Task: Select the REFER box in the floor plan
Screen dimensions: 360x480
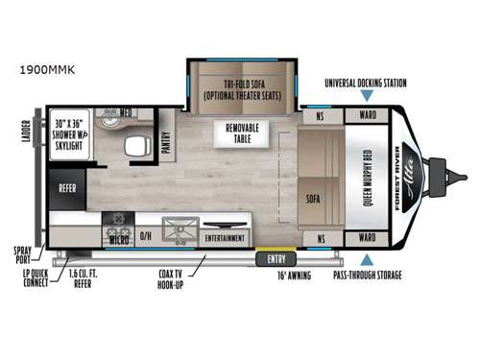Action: (x=67, y=189)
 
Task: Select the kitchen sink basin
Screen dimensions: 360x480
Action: (x=180, y=230)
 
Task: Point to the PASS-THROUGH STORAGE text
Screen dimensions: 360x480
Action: (x=367, y=276)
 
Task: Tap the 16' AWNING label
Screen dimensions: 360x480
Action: (x=294, y=276)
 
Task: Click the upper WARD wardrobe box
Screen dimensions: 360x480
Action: (x=367, y=116)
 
